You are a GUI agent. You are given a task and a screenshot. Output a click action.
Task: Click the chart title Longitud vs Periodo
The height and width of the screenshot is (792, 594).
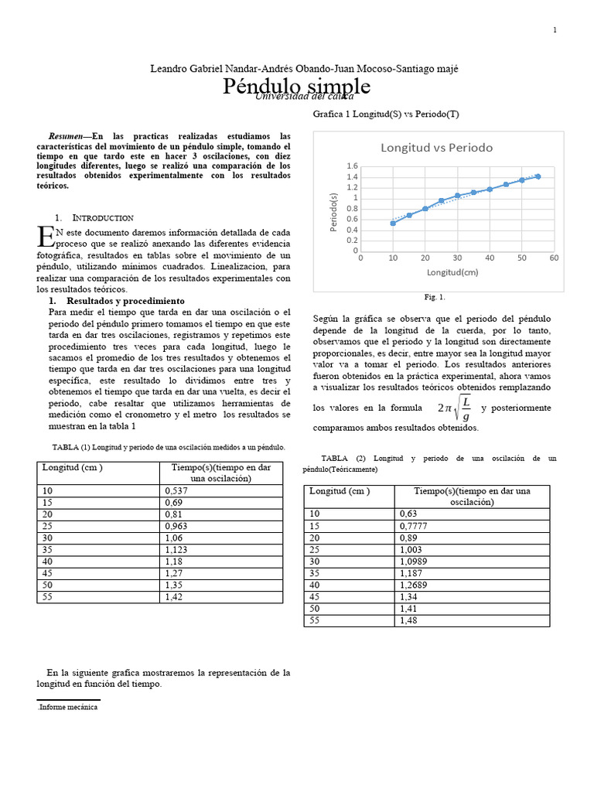point(436,147)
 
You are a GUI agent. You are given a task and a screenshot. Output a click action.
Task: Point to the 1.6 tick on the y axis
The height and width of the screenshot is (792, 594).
point(352,166)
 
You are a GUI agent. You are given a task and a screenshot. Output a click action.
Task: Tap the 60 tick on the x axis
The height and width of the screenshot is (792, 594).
point(554,258)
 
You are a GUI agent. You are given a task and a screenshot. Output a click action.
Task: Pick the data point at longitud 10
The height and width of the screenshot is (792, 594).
point(393,223)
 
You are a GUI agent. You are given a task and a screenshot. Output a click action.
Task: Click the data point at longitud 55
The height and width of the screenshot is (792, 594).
point(538,176)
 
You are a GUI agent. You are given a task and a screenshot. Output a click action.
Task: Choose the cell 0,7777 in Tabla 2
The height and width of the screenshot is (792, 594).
point(415,525)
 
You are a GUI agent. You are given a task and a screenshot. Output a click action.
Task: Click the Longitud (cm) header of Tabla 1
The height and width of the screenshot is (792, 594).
point(73,467)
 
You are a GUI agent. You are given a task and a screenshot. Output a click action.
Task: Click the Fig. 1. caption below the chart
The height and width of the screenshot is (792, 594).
point(435,297)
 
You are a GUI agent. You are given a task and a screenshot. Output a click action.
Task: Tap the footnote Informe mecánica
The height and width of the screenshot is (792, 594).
point(69,707)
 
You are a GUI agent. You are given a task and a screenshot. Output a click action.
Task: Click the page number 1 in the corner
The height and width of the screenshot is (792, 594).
point(555,30)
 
